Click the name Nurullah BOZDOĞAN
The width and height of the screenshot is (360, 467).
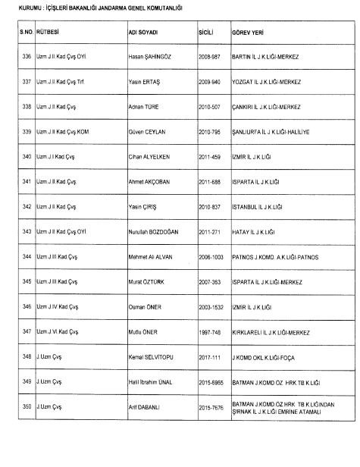[158, 232]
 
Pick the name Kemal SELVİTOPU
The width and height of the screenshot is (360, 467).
[154, 357]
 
